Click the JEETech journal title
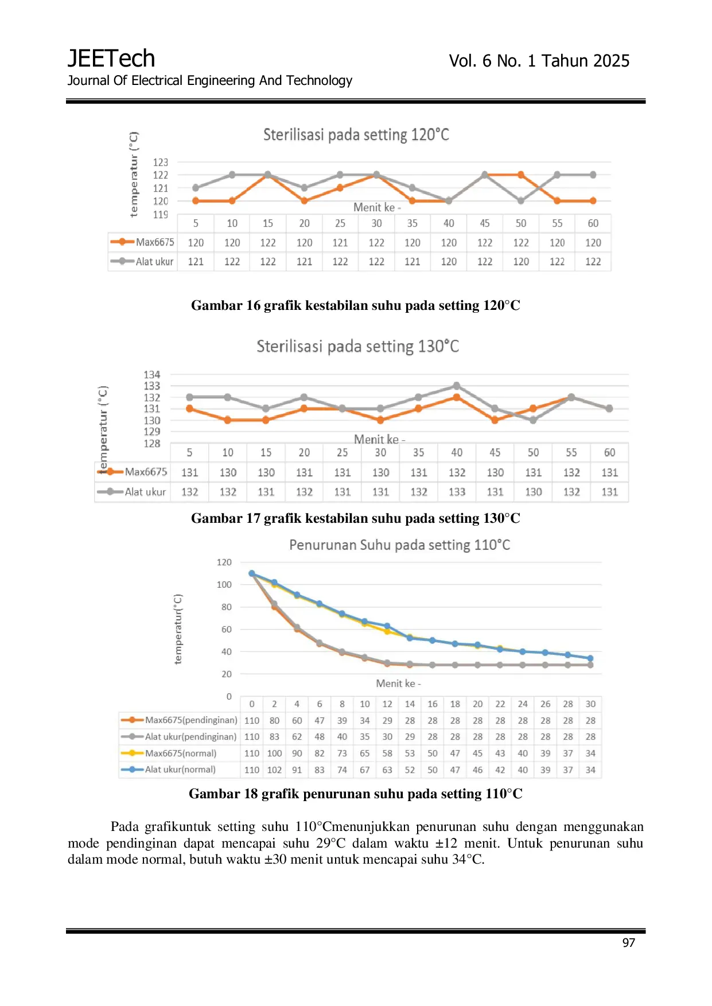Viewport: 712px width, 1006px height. (x=111, y=59)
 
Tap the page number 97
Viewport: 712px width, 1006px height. (x=629, y=943)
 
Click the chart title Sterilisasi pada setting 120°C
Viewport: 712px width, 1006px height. (x=356, y=135)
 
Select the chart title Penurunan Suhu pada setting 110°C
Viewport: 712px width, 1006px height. (x=399, y=545)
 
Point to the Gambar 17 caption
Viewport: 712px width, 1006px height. (x=356, y=518)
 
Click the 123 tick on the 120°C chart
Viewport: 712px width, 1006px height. (x=161, y=162)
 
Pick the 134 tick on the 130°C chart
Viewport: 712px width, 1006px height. (x=152, y=375)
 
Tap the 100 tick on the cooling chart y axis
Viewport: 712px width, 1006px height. (x=224, y=584)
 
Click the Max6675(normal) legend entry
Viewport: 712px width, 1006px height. (x=169, y=753)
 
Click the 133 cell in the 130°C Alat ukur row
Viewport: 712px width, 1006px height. (x=457, y=492)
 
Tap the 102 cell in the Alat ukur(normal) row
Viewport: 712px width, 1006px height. (x=275, y=770)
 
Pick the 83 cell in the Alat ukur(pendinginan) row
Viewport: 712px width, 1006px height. (x=274, y=736)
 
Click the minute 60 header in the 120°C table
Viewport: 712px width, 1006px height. (x=593, y=223)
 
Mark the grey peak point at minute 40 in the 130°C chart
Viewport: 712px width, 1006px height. (x=457, y=386)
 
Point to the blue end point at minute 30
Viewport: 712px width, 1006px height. (x=590, y=658)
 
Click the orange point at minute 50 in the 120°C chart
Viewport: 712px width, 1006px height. (x=521, y=174)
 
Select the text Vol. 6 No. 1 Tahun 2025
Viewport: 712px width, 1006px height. (x=539, y=61)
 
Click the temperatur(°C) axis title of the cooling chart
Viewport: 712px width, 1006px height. (x=178, y=629)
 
